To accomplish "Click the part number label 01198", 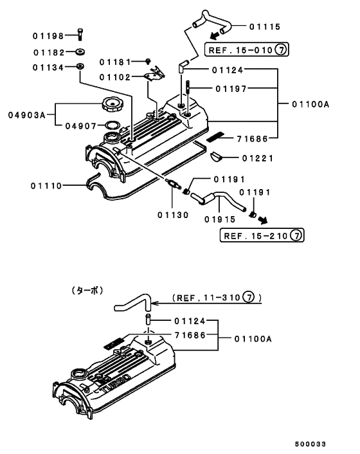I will (x=48, y=37).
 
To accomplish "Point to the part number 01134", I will (x=48, y=67).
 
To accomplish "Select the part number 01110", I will (x=46, y=186).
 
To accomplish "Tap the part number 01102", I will (x=115, y=77).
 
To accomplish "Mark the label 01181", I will (x=115, y=62).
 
